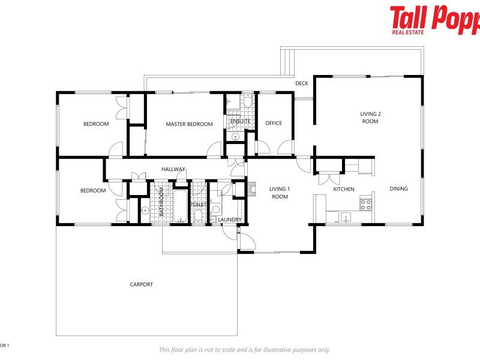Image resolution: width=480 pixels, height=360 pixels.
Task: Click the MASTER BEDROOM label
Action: point(189,124)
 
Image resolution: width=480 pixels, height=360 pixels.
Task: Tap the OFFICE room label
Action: point(274,124)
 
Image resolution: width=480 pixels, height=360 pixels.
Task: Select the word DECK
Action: point(302,83)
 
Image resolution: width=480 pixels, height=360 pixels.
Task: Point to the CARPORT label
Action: point(142,284)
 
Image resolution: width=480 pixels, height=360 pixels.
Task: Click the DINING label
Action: point(398,189)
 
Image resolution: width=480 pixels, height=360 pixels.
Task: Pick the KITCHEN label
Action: point(344,190)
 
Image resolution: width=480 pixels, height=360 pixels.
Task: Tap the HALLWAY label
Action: point(173,169)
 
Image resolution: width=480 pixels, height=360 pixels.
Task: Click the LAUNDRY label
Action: point(230,220)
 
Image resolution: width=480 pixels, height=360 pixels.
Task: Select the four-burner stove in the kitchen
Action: point(365,205)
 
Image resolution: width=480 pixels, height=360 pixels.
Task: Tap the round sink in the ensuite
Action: point(236,136)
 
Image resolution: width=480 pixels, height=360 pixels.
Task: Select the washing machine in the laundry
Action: point(216,209)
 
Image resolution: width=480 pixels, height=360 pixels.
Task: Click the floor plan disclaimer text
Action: point(244,350)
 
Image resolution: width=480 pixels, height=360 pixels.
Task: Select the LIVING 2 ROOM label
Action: point(370,118)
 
